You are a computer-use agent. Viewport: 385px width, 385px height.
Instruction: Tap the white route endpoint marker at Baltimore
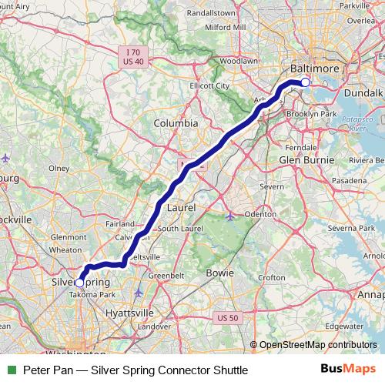[305, 82]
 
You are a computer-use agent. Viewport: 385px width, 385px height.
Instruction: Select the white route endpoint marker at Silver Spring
[79, 283]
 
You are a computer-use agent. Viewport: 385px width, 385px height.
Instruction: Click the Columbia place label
[176, 123]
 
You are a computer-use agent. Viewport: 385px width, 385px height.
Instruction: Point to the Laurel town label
[179, 208]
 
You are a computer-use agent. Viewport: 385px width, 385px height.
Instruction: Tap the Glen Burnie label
[308, 159]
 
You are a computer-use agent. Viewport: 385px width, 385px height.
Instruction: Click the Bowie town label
[219, 273]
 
